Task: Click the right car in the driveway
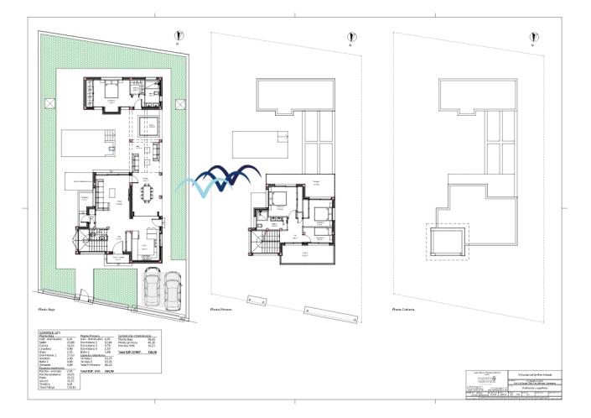(x=174, y=289)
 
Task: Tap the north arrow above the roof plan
(x=530, y=34)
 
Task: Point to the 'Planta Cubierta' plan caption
(x=404, y=309)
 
